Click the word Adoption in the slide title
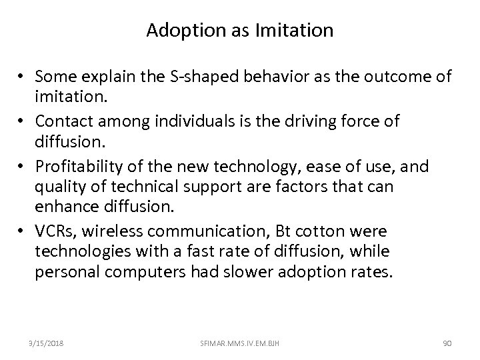[175, 31]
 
